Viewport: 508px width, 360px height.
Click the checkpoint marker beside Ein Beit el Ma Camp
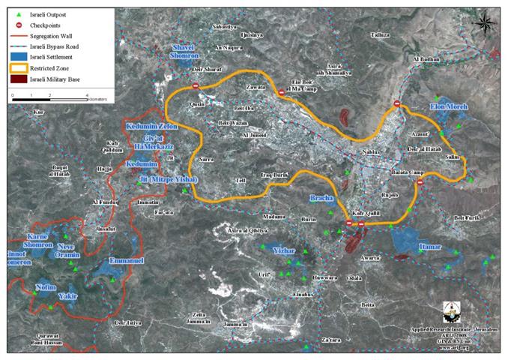[281, 93]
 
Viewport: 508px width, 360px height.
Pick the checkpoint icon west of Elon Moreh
[397, 104]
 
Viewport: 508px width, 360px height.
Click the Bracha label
[323, 199]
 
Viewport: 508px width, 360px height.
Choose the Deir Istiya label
[127, 323]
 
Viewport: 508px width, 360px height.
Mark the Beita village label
[367, 304]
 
